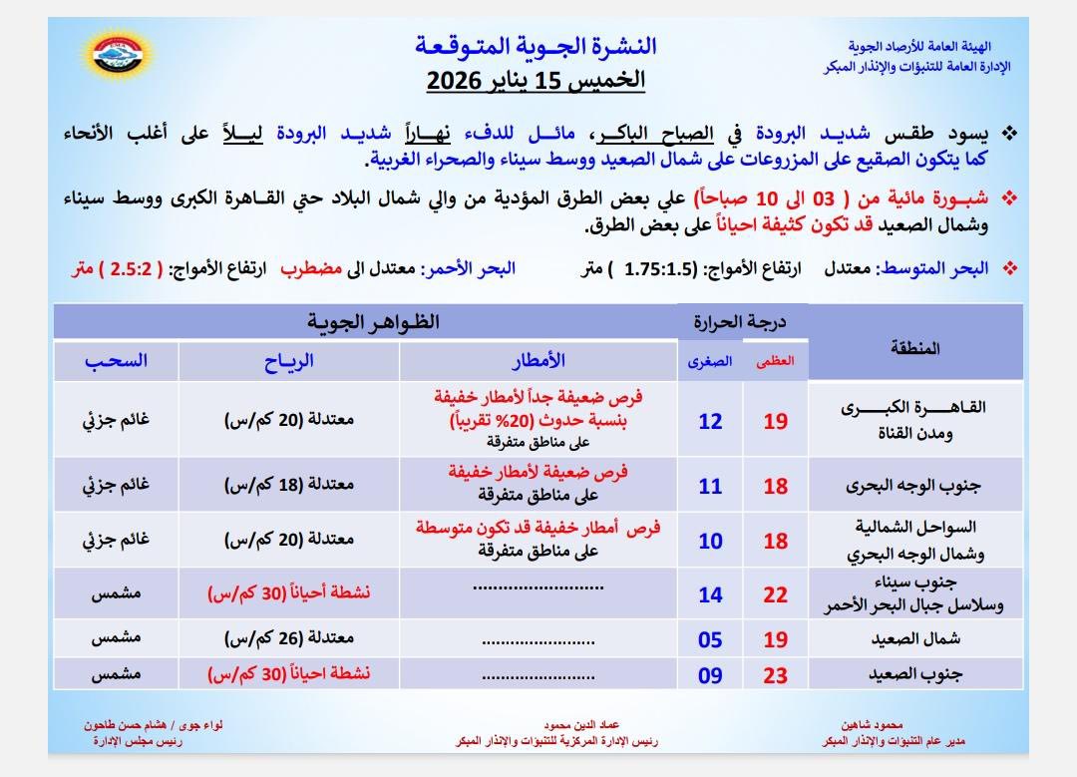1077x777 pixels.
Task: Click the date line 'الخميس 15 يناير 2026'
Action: click(536, 81)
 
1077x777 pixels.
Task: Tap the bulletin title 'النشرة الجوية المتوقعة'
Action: click(536, 46)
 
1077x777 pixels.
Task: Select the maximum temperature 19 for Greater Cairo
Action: click(775, 421)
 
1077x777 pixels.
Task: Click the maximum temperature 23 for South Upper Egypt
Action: click(775, 675)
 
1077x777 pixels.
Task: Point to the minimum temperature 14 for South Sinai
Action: click(710, 595)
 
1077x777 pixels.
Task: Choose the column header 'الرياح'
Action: click(289, 360)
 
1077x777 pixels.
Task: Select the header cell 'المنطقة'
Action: click(912, 348)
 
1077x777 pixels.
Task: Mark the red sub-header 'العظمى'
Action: click(775, 362)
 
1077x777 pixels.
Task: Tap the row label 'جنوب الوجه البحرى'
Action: click(913, 486)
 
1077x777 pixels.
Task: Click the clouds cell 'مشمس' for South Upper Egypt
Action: click(114, 675)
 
